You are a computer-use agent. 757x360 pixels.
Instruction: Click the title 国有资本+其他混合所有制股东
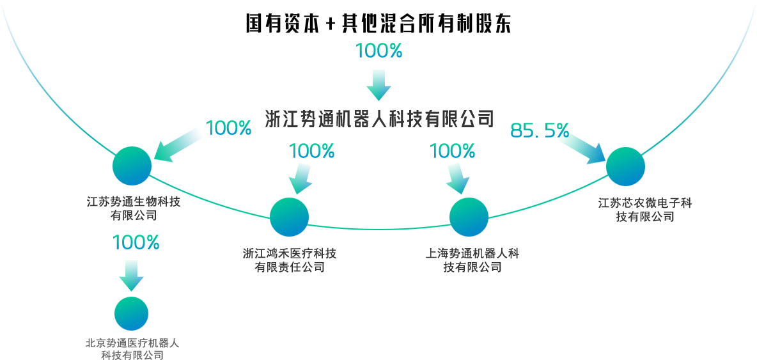click(x=378, y=24)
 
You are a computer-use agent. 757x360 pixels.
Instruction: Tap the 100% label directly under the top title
click(x=378, y=51)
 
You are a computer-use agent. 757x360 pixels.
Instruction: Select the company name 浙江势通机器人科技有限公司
click(x=379, y=118)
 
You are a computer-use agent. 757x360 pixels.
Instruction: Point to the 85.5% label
click(x=540, y=131)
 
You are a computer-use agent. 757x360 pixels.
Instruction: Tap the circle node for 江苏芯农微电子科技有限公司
click(x=625, y=167)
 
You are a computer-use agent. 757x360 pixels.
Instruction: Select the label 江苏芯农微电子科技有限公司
click(x=645, y=210)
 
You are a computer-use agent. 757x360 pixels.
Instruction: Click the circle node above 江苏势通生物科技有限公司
click(x=132, y=166)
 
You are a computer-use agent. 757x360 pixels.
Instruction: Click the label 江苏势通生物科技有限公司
click(x=134, y=208)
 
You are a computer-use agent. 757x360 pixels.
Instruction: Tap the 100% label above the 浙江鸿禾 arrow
click(x=312, y=152)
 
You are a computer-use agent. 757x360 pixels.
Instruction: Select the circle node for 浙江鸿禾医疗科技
click(x=289, y=217)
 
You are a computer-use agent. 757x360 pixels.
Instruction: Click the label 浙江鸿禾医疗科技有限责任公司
click(x=290, y=260)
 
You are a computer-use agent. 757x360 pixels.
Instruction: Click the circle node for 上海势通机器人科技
click(x=469, y=217)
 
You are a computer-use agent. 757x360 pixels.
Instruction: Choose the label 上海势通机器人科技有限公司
click(x=472, y=260)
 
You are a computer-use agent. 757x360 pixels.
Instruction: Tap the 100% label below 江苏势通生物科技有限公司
click(x=136, y=243)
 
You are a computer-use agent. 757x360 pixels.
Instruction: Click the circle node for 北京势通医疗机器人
click(x=131, y=314)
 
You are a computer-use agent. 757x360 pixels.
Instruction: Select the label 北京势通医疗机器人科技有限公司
click(x=132, y=349)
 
